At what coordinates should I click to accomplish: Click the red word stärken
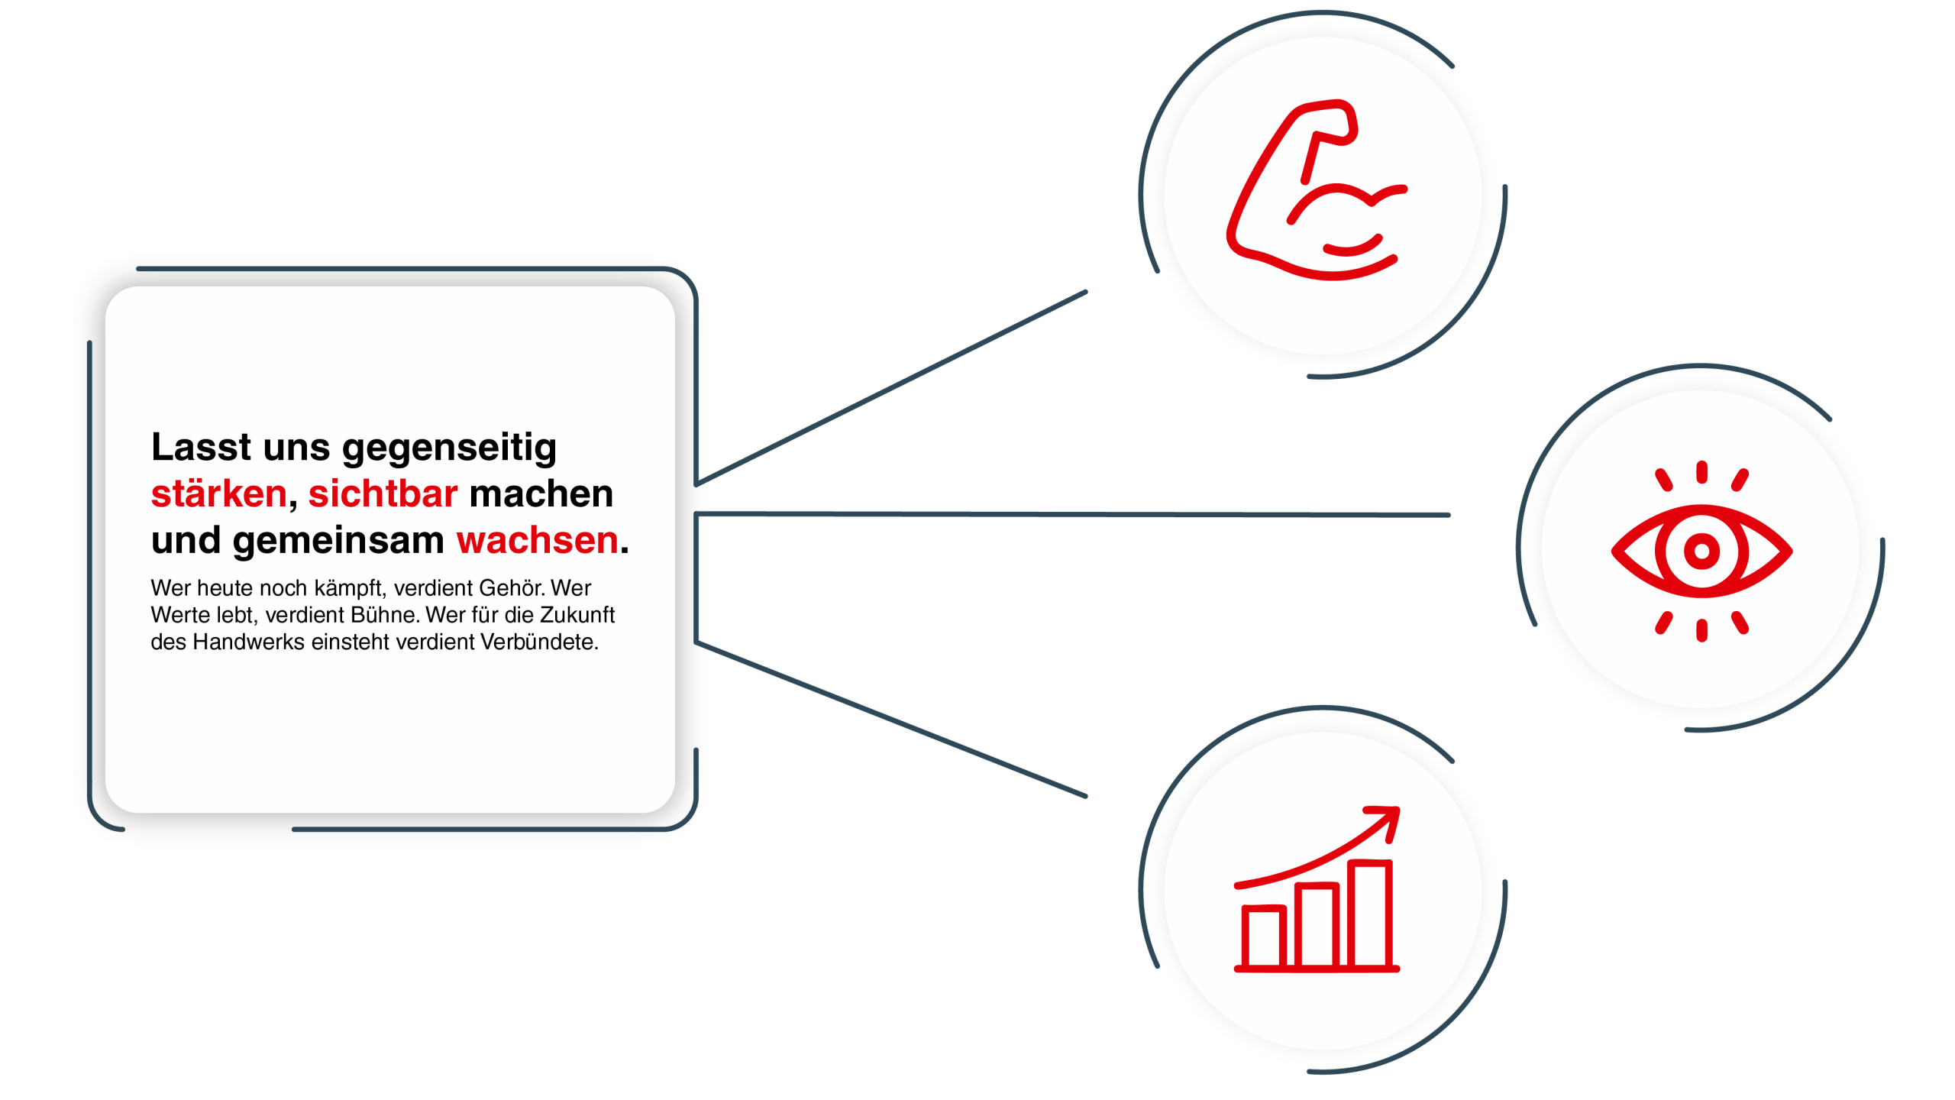[x=218, y=494]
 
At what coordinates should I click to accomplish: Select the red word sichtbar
[x=383, y=494]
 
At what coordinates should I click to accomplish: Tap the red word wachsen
[x=537, y=541]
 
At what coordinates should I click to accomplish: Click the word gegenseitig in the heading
[x=449, y=448]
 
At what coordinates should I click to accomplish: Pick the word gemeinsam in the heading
[x=338, y=541]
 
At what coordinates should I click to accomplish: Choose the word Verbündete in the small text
[x=538, y=642]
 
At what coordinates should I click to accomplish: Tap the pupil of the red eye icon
[x=1701, y=551]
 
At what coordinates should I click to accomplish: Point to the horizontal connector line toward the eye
[x=1069, y=515]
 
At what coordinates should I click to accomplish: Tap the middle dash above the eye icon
[x=1701, y=471]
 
